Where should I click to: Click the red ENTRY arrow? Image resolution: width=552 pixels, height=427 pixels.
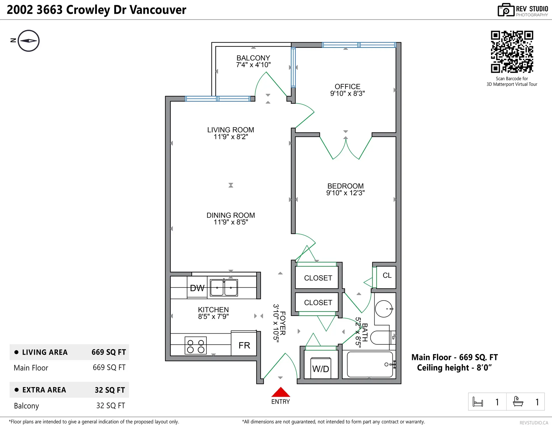click(281, 392)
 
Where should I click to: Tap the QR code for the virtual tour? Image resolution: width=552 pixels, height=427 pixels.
click(512, 52)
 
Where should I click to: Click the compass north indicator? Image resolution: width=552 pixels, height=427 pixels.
click(28, 41)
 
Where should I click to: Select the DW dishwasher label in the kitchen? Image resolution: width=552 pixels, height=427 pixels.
click(197, 288)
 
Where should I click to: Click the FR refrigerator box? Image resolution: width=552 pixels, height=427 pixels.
click(244, 345)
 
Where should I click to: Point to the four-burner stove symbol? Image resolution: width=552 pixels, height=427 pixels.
click(195, 346)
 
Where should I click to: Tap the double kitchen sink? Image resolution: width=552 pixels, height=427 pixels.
click(224, 288)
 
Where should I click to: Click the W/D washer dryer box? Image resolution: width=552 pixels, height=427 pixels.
click(321, 368)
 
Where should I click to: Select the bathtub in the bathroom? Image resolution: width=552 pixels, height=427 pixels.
click(370, 364)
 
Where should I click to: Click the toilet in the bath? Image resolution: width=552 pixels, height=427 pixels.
click(381, 337)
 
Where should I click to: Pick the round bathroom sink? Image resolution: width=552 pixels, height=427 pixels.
click(384, 309)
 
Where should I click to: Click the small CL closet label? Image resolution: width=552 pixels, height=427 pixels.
click(387, 276)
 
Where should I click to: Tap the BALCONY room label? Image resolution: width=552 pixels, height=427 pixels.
click(253, 58)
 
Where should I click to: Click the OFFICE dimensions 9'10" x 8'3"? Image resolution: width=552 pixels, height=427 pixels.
click(347, 94)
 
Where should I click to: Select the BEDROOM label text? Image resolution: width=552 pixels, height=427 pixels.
click(345, 186)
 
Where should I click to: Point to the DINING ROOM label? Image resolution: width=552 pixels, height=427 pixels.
click(231, 215)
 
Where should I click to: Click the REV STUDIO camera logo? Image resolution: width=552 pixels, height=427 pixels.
click(506, 10)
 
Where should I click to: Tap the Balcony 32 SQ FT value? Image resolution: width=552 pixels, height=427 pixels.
click(110, 405)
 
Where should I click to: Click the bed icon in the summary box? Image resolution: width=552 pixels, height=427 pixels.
click(478, 402)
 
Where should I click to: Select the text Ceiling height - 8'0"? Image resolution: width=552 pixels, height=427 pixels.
click(454, 368)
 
